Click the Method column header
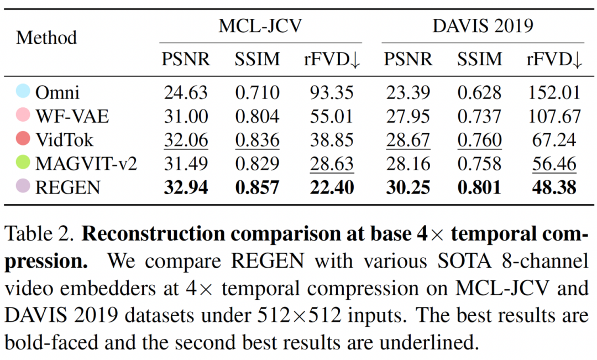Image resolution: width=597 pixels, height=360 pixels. click(46, 38)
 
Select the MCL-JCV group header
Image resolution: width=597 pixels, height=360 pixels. click(260, 26)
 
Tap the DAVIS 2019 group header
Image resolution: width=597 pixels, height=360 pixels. click(482, 26)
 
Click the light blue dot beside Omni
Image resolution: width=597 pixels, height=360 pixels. click(23, 92)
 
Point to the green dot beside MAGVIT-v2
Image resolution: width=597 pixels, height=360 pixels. click(23, 164)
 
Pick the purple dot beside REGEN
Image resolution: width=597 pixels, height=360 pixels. click(23, 187)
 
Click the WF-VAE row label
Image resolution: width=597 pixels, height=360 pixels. click(72, 116)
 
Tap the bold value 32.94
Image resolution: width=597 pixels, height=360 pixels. click(186, 188)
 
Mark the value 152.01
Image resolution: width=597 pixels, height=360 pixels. click(553, 92)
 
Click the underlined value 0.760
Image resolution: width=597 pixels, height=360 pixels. click(479, 140)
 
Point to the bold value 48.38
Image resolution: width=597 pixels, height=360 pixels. click(553, 188)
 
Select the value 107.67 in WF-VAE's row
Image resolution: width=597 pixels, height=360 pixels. click(553, 116)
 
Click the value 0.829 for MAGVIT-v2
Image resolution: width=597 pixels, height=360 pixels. click(257, 164)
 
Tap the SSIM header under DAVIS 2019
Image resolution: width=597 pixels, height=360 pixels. click(479, 59)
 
